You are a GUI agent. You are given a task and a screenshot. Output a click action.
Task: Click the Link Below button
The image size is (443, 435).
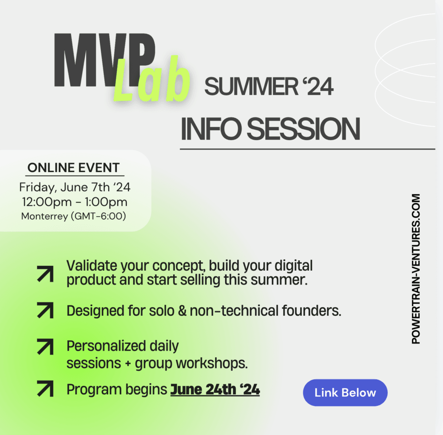pyautogui.click(x=345, y=393)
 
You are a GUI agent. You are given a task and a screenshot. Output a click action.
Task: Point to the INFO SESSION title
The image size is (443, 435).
pyautogui.click(x=270, y=128)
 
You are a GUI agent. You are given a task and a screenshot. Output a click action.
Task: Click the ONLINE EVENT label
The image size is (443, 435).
pyautogui.click(x=74, y=167)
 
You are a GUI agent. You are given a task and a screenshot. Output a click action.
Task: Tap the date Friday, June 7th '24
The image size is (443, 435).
pyautogui.click(x=75, y=188)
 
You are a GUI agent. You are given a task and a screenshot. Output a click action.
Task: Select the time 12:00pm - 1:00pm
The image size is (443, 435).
pyautogui.click(x=75, y=202)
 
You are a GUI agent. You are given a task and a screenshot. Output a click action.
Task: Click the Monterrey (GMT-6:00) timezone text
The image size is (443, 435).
pyautogui.click(x=74, y=216)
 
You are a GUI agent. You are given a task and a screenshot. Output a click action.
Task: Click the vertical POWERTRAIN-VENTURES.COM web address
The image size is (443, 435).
pyautogui.click(x=416, y=269)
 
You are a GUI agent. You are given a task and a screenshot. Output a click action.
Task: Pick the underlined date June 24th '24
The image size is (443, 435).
pyautogui.click(x=215, y=390)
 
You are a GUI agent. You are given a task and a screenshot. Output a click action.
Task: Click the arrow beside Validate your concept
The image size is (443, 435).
pyautogui.click(x=45, y=273)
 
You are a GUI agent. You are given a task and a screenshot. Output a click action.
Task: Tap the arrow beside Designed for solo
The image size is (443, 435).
pyautogui.click(x=45, y=310)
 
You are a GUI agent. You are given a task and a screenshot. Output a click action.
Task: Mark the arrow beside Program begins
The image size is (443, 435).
pyautogui.click(x=45, y=389)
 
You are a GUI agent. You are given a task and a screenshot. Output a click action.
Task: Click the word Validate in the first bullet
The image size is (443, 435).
pyautogui.click(x=88, y=265)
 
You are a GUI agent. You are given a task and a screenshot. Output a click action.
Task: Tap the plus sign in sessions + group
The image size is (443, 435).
pyautogui.click(x=128, y=364)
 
